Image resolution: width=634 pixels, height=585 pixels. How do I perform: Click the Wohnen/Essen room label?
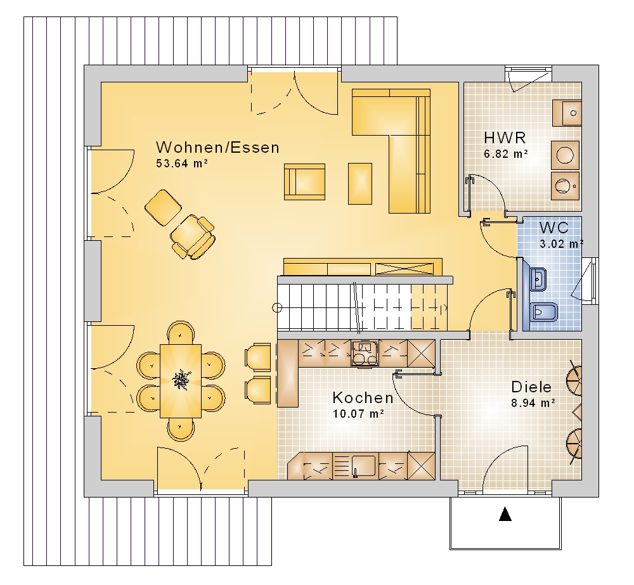point(217,148)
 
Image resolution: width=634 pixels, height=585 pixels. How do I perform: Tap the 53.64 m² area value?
point(182,164)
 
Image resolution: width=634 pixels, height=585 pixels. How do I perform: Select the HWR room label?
point(505,138)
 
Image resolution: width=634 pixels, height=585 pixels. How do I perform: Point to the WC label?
point(554,228)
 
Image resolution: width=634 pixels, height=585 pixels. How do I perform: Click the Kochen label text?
point(363,398)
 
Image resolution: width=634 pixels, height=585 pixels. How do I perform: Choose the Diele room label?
point(531,387)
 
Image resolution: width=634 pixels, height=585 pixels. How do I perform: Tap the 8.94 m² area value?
point(533,402)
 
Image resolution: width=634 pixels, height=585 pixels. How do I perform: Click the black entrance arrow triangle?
point(505,514)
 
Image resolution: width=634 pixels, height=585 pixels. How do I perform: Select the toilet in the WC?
point(543,312)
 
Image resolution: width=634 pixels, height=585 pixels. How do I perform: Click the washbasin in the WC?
point(538,278)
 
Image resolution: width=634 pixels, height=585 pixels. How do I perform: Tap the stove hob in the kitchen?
point(365,353)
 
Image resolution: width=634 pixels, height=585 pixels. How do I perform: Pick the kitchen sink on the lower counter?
point(363,466)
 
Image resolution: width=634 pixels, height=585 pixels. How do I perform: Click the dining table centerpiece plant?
point(180,380)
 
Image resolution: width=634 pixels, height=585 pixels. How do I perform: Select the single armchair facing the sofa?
point(304,181)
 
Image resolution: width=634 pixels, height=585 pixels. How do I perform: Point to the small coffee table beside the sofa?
point(360,184)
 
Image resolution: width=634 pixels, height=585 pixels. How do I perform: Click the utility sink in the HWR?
point(567,113)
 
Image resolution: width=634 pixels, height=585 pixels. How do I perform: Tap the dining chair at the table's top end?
point(181,333)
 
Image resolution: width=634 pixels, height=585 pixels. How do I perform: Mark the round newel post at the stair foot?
point(277,308)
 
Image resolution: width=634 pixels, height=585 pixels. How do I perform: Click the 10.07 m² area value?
point(358,414)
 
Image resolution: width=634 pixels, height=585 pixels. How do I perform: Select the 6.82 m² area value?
point(506,154)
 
